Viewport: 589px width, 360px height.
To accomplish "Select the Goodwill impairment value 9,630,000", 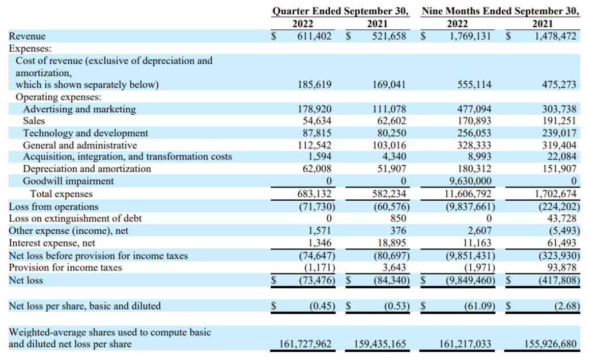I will [x=467, y=181].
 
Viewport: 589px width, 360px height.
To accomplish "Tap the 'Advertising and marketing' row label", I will [x=79, y=109].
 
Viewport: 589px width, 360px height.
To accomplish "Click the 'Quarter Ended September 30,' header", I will [x=341, y=11].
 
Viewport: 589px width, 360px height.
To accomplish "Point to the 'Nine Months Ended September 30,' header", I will [x=500, y=11].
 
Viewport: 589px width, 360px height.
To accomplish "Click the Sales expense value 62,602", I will [x=390, y=121].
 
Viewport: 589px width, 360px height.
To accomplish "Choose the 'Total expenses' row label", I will [x=61, y=194].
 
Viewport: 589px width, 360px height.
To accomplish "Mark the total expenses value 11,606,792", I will [x=465, y=194].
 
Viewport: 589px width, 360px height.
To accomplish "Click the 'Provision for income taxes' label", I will [x=65, y=268].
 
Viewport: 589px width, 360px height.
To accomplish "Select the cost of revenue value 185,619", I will [x=315, y=85].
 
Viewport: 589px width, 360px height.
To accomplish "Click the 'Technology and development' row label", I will [x=85, y=133].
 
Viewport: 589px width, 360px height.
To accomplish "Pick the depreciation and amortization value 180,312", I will [x=474, y=169].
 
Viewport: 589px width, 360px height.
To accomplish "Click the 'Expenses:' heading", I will [x=30, y=48].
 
